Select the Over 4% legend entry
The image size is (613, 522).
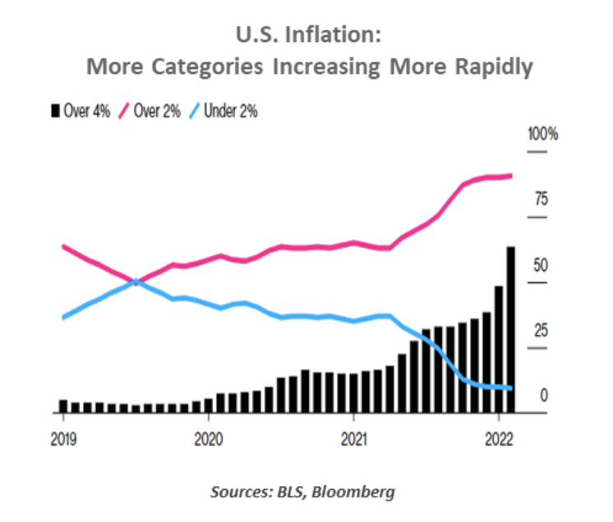tap(81, 111)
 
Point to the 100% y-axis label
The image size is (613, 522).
tap(543, 135)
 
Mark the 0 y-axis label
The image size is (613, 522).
tap(543, 396)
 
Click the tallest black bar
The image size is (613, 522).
tap(510, 328)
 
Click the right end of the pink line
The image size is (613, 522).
tap(510, 176)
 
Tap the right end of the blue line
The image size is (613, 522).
tap(510, 388)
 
